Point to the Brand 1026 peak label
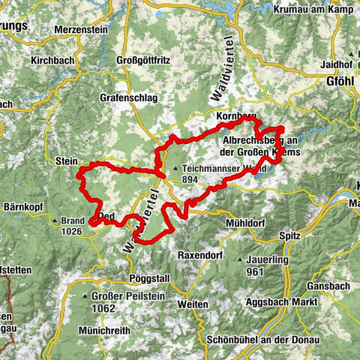click(x=72, y=226)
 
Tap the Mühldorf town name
click(x=244, y=223)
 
